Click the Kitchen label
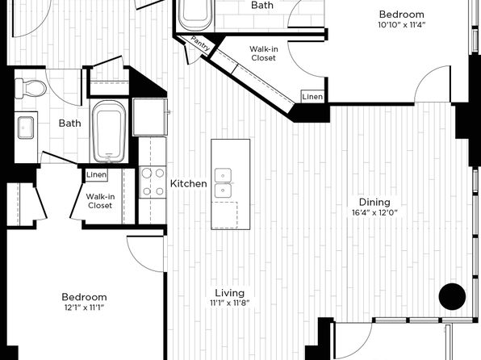coord(188,183)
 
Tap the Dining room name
coord(374,203)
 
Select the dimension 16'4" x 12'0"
coord(374,212)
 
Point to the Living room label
coord(230,293)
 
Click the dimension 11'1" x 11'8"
coord(230,303)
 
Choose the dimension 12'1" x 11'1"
coord(85,308)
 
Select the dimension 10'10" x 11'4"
coord(402,25)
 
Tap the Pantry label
coord(200,44)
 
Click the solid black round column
coord(452,296)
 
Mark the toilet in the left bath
coord(31,89)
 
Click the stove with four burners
coord(153,182)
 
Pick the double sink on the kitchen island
coord(223,183)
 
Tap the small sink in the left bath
coord(26,128)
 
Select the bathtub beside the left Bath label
coord(109,131)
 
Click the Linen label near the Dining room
coord(312,97)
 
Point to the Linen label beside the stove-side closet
coord(96,175)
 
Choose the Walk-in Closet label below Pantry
coord(264,53)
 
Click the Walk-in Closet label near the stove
coord(100,201)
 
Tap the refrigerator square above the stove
coord(150,117)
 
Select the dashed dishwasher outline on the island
coord(224,216)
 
